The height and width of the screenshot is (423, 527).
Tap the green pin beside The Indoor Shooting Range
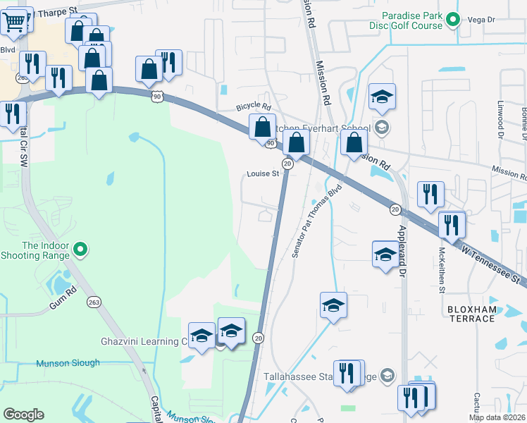[x=80, y=249]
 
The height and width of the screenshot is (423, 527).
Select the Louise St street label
[x=263, y=174]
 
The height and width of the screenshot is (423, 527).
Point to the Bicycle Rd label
[x=253, y=106]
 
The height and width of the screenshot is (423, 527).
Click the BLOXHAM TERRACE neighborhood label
[x=471, y=314]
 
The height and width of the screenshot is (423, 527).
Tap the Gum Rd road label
[x=62, y=305]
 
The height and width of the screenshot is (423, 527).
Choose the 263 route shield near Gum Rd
[x=94, y=302]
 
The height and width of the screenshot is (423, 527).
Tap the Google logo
[x=23, y=415]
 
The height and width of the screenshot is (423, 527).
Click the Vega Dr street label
[x=482, y=21]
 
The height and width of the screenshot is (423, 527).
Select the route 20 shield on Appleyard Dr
[x=395, y=209]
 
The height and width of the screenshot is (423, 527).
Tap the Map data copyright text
[x=497, y=417]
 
